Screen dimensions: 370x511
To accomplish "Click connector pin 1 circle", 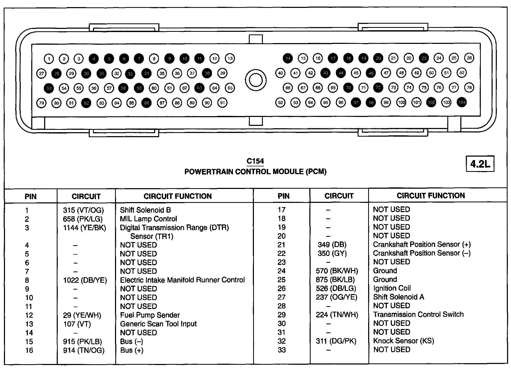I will [49, 59].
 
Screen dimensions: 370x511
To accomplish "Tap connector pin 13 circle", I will [230, 58].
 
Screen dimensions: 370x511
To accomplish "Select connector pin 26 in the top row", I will [469, 58].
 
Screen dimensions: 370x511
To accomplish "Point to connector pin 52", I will [462, 73].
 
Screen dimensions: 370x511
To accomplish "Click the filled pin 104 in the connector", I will [462, 102].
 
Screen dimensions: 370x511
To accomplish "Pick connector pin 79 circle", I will [41, 103].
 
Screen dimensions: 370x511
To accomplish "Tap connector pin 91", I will [222, 103].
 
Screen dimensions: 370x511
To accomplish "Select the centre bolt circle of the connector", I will [255, 80].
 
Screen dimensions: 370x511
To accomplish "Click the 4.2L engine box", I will [480, 164].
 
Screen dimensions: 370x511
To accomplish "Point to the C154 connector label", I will [255, 161].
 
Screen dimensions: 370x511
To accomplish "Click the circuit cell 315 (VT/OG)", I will [84, 210].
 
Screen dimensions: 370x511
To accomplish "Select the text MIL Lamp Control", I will [148, 219].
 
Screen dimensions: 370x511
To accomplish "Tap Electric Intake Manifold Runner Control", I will [182, 280].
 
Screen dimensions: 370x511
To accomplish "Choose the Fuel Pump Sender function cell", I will [150, 315].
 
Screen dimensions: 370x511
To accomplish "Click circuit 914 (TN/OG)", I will [84, 350].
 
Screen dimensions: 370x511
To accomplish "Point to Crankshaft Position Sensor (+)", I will [422, 244].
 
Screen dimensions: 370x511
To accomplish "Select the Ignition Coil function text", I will [392, 288].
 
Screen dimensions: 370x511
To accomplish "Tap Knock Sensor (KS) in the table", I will [403, 341].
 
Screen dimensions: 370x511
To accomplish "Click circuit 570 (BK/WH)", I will [337, 271].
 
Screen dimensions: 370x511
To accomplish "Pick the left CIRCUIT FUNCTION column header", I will [178, 196].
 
